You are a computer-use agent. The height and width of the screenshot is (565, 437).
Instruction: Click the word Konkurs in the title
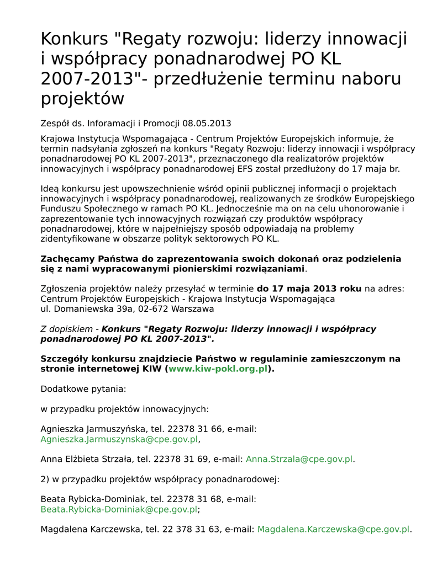point(75,39)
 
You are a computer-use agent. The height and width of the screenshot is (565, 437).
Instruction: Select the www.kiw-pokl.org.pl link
point(218,369)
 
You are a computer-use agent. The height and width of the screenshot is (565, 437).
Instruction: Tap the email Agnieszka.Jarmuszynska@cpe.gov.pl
point(119,439)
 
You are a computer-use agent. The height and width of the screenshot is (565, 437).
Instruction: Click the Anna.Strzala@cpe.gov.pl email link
point(299,459)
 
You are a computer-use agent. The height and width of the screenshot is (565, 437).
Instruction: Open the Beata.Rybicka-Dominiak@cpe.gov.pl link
point(119,509)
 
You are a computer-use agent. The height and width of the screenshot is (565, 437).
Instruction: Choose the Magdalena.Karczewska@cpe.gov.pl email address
point(334,529)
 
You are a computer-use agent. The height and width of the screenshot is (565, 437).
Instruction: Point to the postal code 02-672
point(154,309)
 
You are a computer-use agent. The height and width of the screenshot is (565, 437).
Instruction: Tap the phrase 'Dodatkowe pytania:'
point(83,388)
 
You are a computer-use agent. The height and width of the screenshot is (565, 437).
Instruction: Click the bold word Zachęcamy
point(68,259)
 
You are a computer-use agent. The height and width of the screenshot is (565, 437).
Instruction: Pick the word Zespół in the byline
point(55,123)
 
